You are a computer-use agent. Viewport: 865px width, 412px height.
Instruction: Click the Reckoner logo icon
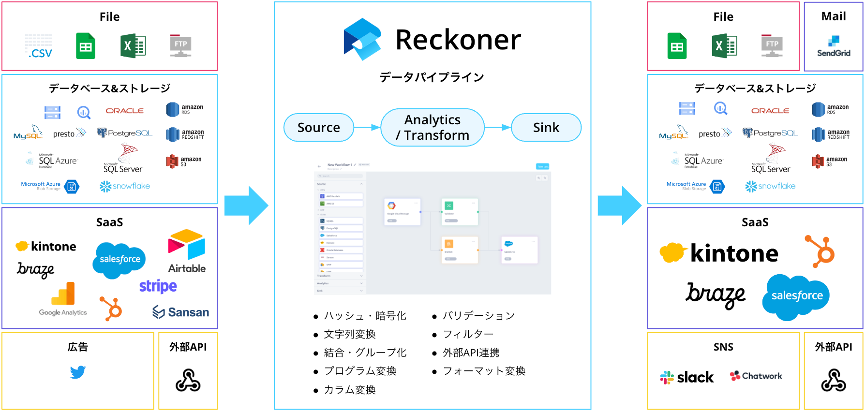[362, 39]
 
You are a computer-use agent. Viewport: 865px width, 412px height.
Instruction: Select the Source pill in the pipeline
[318, 128]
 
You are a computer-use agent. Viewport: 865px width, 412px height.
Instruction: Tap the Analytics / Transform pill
[432, 127]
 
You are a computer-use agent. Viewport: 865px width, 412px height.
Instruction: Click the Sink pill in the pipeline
[546, 128]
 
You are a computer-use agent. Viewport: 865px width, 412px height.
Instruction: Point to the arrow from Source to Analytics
[367, 128]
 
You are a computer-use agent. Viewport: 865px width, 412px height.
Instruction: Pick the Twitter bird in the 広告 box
[77, 372]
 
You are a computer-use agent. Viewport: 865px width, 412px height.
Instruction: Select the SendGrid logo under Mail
[834, 47]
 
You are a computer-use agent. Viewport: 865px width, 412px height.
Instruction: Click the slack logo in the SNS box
[686, 377]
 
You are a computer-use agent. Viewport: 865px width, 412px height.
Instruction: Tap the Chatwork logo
[756, 376]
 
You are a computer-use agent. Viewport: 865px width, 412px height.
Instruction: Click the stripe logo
[158, 286]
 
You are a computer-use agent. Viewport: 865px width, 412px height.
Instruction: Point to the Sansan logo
[180, 312]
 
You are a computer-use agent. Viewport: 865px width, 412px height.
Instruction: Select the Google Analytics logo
[63, 299]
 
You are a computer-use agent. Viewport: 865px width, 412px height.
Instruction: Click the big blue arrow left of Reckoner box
[246, 206]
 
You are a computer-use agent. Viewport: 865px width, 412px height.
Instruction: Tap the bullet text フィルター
[468, 334]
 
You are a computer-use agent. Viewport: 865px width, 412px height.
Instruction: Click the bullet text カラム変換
[349, 390]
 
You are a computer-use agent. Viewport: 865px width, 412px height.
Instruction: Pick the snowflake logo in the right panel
[770, 186]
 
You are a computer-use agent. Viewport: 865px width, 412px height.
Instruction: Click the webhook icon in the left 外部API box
[188, 380]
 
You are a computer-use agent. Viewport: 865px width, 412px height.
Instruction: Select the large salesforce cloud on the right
[796, 296]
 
